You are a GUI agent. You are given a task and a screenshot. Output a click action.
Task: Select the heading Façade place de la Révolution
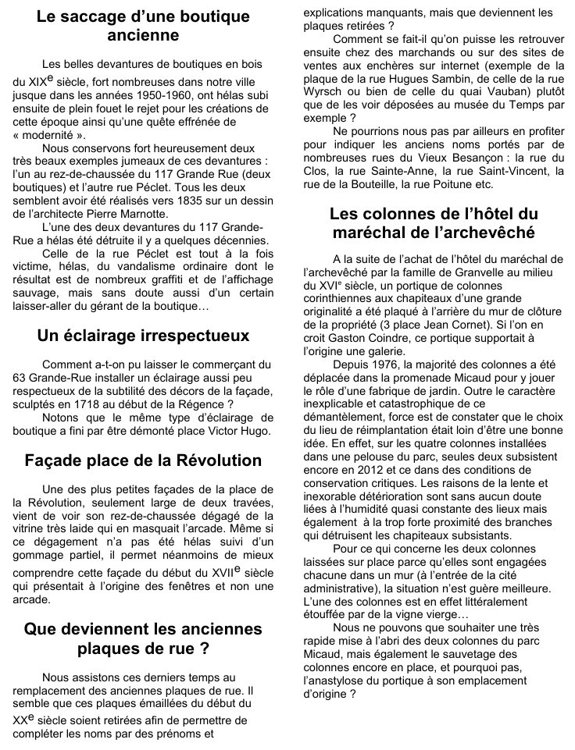[x=143, y=460]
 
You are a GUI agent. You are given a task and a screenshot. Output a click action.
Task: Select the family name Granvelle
[x=473, y=272]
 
